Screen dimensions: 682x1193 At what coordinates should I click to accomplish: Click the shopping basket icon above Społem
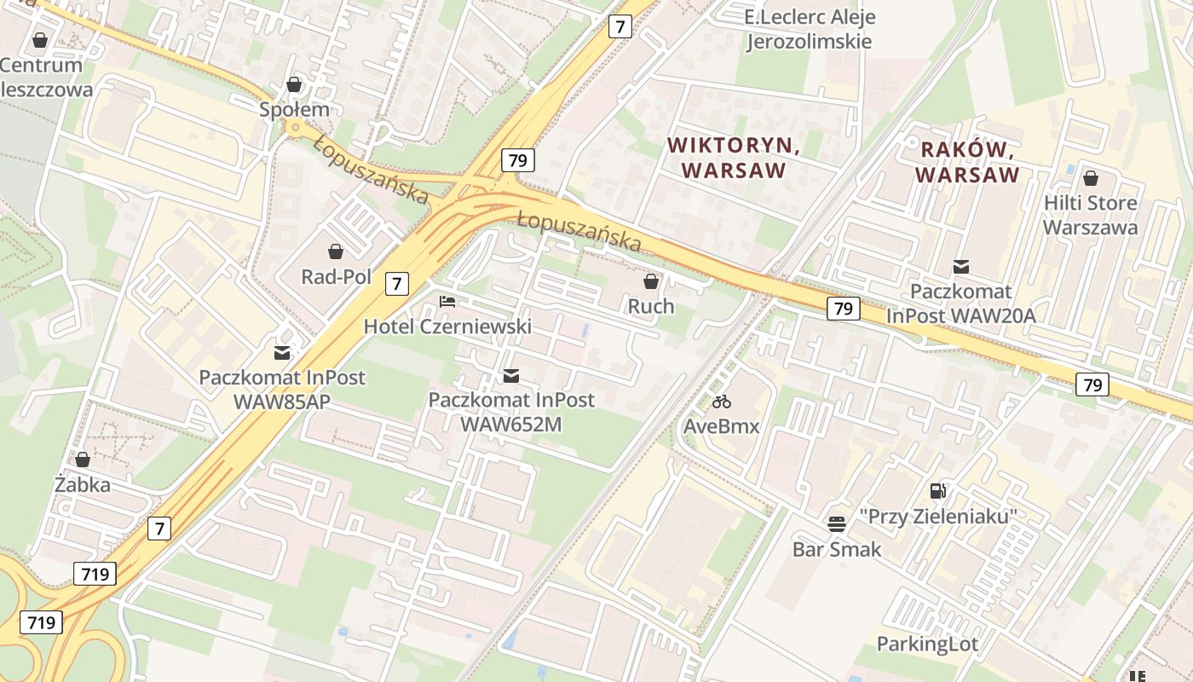pyautogui.click(x=294, y=84)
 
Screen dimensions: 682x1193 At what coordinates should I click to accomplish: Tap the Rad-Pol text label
pyautogui.click(x=336, y=277)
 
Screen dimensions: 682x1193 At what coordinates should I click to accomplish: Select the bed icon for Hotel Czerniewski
pyautogui.click(x=447, y=301)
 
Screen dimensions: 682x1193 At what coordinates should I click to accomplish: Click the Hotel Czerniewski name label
pyautogui.click(x=447, y=327)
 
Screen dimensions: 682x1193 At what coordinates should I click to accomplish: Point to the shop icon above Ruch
pyautogui.click(x=651, y=281)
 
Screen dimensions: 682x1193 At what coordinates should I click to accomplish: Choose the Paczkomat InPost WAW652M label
pyautogui.click(x=511, y=411)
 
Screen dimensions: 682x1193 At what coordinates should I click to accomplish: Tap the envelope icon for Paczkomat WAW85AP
pyautogui.click(x=281, y=352)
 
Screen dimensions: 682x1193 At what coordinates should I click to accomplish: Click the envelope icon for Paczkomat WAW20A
pyautogui.click(x=961, y=267)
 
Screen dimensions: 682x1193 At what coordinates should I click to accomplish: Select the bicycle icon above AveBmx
pyautogui.click(x=722, y=402)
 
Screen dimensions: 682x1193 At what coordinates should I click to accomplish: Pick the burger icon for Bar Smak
pyautogui.click(x=836, y=523)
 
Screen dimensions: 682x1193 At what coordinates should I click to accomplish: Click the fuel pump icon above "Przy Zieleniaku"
pyautogui.click(x=937, y=490)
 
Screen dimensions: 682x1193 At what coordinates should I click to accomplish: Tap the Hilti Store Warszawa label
pyautogui.click(x=1090, y=215)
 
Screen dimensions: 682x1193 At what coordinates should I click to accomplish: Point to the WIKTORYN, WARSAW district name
pyautogui.click(x=734, y=158)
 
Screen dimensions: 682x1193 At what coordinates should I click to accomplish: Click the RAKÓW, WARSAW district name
pyautogui.click(x=967, y=163)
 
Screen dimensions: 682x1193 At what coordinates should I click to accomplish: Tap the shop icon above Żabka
pyautogui.click(x=83, y=459)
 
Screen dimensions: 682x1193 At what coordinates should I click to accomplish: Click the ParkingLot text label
pyautogui.click(x=928, y=644)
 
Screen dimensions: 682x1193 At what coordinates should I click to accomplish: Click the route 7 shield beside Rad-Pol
pyautogui.click(x=396, y=283)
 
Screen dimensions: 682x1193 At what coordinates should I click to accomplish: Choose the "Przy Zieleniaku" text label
pyautogui.click(x=937, y=517)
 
